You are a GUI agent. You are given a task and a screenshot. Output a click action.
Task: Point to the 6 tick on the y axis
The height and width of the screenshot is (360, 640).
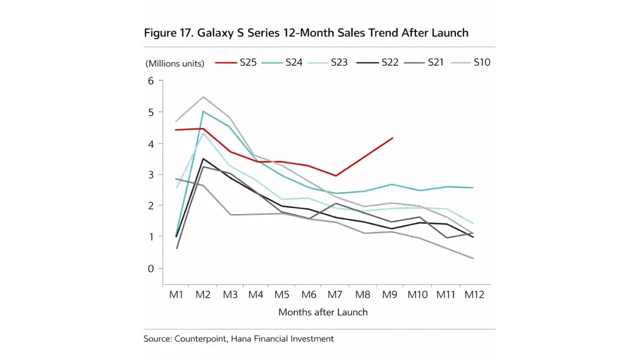tap(150, 81)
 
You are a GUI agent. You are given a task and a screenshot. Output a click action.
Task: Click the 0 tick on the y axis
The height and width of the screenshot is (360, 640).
tap(150, 268)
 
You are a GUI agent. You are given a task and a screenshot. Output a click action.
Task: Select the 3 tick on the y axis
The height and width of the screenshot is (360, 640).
tap(150, 174)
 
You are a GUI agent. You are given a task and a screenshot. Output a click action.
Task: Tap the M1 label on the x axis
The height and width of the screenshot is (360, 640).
tap(177, 294)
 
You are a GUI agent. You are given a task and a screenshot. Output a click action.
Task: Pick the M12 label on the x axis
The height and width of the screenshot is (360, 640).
tap(474, 294)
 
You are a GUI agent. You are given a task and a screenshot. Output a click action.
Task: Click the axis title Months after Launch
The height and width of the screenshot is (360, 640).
tap(323, 312)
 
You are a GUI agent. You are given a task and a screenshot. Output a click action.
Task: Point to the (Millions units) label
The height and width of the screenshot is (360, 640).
tap(175, 63)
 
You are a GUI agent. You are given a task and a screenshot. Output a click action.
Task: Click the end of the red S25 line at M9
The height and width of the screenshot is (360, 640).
tap(393, 138)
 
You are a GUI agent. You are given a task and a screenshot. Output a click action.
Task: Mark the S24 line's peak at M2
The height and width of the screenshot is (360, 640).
tap(203, 111)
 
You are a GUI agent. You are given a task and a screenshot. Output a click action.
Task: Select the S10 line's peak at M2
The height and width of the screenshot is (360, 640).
tap(203, 97)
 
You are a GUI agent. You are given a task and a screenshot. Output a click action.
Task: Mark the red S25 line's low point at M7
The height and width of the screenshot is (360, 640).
tap(335, 175)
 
